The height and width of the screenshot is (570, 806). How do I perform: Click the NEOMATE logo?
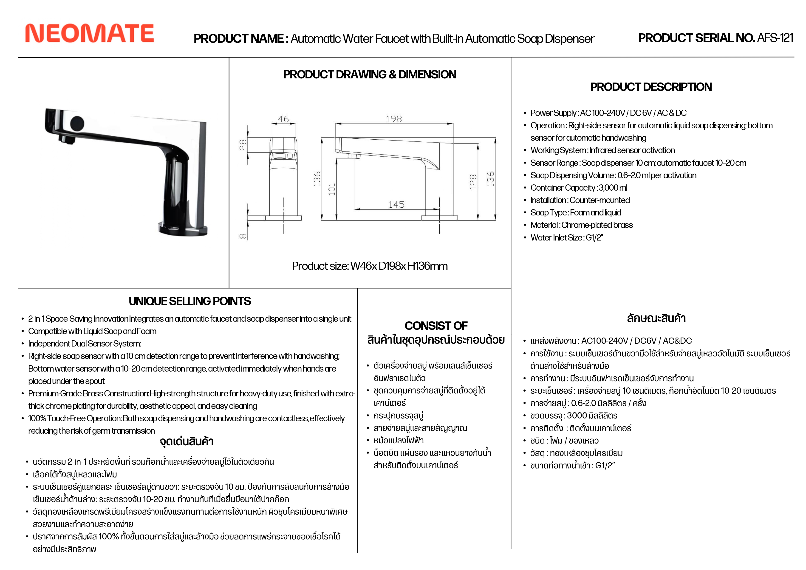(x=90, y=33)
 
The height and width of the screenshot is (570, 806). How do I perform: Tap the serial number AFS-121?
(x=775, y=38)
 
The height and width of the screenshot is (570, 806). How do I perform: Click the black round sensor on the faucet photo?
(x=77, y=123)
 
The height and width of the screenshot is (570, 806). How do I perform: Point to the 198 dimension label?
(x=394, y=119)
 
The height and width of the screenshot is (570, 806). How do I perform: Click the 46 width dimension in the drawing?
(x=283, y=119)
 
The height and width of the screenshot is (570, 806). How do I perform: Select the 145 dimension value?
(x=396, y=205)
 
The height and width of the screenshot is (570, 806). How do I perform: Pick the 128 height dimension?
(x=473, y=182)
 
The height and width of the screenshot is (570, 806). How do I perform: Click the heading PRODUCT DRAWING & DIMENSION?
(x=370, y=74)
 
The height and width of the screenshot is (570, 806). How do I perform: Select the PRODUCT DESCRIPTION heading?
(x=651, y=87)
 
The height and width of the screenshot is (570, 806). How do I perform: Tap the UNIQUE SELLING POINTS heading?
(x=189, y=301)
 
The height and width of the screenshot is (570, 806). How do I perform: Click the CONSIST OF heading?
(x=436, y=326)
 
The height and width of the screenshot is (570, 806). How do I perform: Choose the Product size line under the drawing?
(x=370, y=266)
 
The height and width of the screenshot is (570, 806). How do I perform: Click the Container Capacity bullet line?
(x=579, y=188)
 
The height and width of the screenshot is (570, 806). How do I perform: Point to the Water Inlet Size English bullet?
(x=567, y=238)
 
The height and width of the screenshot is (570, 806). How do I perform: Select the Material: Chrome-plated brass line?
(x=581, y=225)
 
